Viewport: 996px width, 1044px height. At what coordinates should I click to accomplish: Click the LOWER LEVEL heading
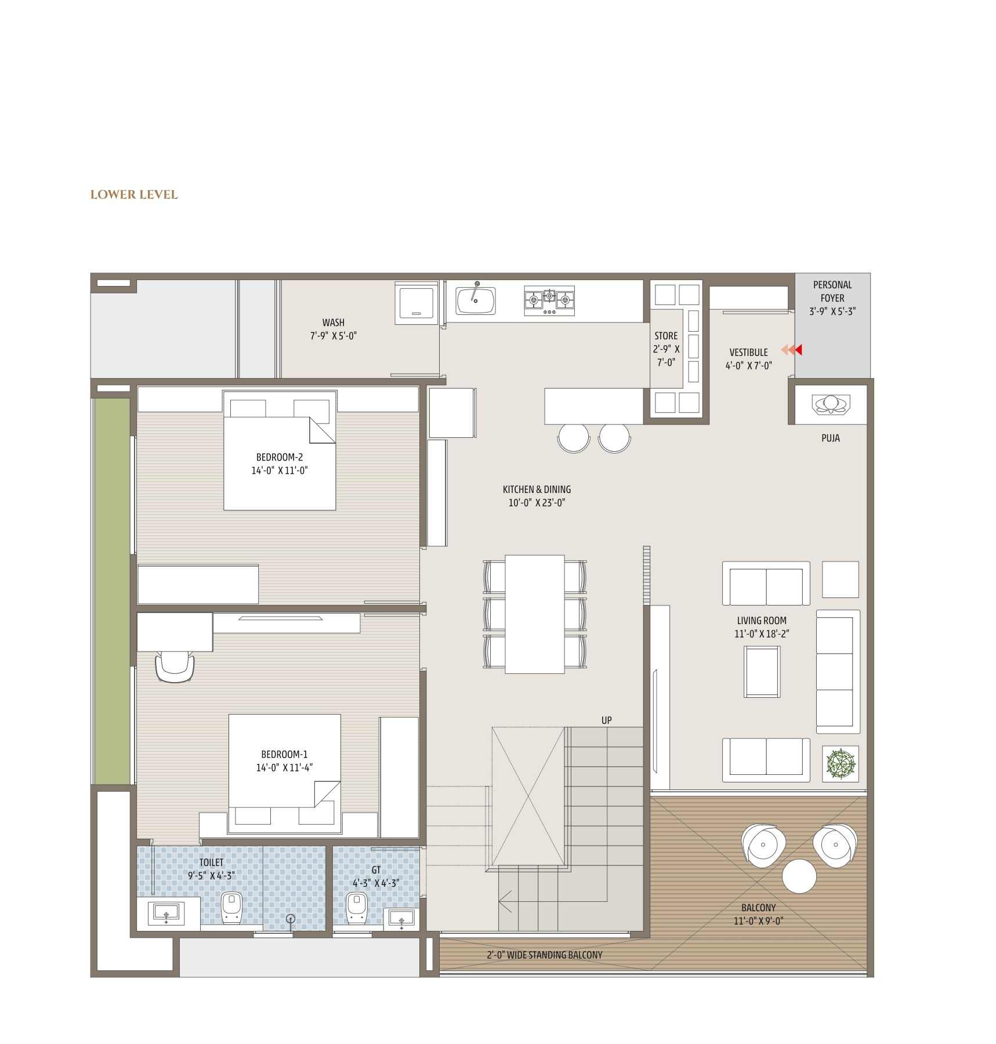(134, 194)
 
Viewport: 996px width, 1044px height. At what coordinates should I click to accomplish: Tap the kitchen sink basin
(475, 300)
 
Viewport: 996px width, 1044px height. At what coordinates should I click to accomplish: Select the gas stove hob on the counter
(549, 300)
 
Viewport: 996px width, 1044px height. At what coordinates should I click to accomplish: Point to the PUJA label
(830, 438)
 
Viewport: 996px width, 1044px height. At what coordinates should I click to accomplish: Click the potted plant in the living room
(840, 763)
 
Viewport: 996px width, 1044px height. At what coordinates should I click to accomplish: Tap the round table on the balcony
(799, 876)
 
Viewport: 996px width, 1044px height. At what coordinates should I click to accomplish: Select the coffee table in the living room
(762, 672)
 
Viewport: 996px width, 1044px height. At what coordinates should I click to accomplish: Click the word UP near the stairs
(606, 720)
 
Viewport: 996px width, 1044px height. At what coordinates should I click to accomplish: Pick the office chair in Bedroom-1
(175, 666)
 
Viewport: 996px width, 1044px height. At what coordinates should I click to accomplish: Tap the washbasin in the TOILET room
(166, 913)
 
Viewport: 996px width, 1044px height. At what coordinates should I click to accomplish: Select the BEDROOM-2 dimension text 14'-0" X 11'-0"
(279, 471)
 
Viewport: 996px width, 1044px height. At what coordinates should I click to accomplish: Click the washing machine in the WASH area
(416, 303)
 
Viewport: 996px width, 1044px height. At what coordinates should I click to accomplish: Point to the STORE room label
(666, 336)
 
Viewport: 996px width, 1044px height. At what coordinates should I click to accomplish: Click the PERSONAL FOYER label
(832, 291)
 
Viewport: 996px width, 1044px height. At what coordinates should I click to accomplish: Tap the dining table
(534, 614)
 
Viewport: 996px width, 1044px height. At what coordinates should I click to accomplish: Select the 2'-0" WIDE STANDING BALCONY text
(544, 955)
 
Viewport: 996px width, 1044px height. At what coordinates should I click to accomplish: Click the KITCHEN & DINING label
(537, 490)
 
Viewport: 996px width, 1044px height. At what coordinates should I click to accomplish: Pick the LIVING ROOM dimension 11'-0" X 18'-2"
(762, 634)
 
